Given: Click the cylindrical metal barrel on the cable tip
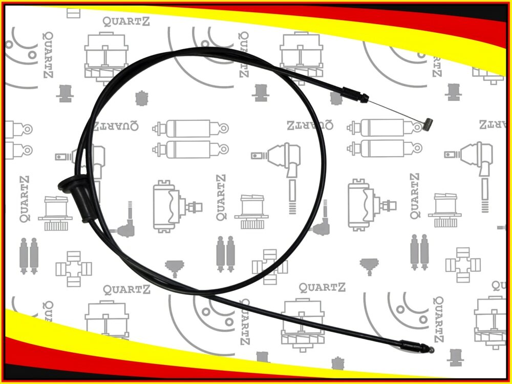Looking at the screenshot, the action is point(428,124).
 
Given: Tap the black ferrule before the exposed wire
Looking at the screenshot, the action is point(355,95).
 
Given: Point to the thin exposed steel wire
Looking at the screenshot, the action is point(396,111).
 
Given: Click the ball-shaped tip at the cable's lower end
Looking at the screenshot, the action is point(431,350).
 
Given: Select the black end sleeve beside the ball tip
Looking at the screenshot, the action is point(414,346).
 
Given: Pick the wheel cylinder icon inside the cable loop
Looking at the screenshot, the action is point(177,206).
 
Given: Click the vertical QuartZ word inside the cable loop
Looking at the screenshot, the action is point(221,197).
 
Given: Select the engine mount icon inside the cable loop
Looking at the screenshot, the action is point(252,211).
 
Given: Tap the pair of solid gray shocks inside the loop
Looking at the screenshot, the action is point(226,254).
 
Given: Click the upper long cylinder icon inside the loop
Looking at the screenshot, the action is point(190,129).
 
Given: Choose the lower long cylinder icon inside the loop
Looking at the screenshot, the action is point(190,150).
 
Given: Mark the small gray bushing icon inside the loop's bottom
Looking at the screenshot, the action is point(175,267).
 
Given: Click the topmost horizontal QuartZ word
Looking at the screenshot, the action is point(126,22).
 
